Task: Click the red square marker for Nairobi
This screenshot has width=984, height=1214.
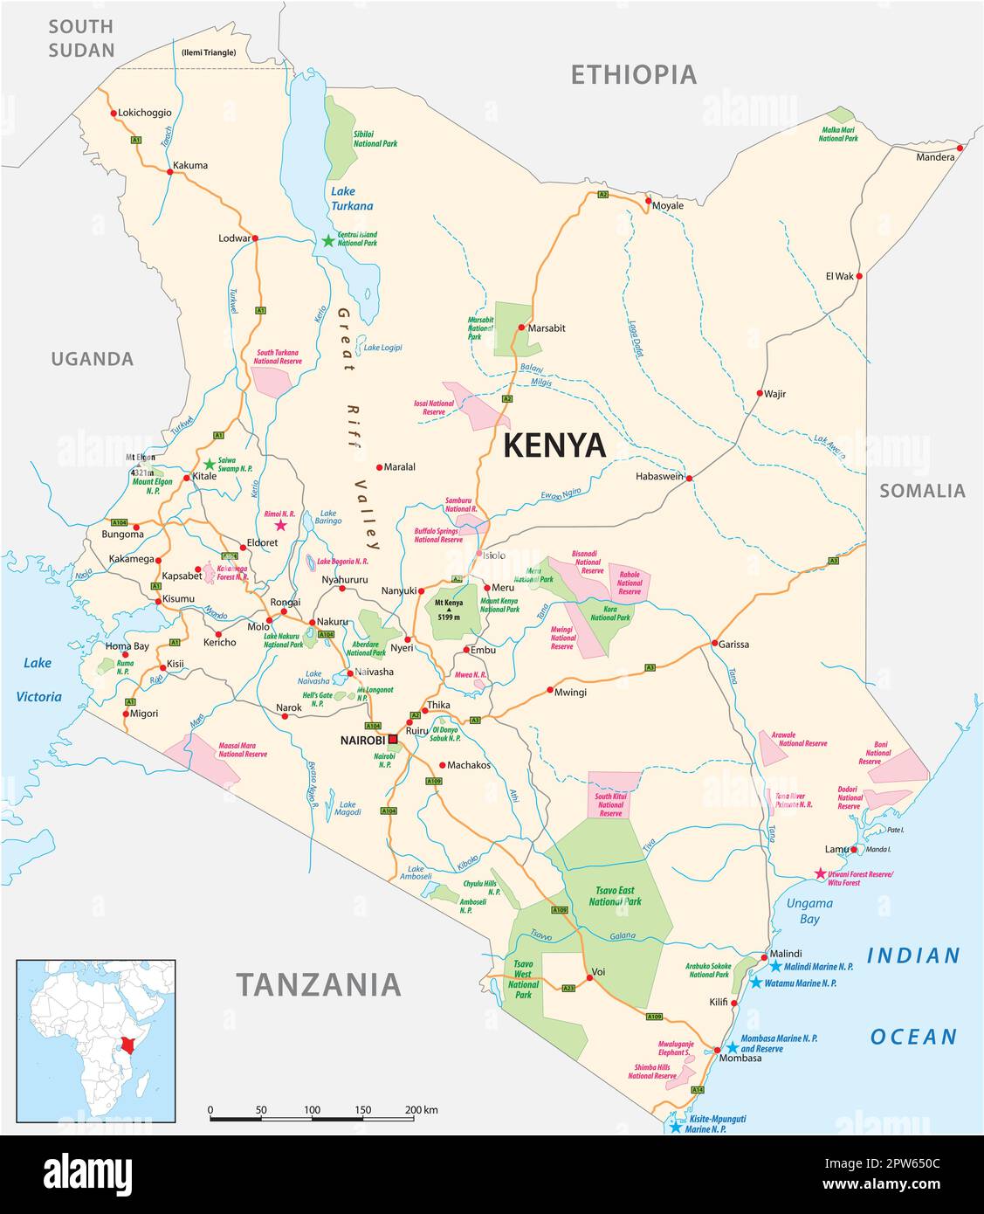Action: pos(393,740)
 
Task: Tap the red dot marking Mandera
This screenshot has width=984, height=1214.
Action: pos(960,148)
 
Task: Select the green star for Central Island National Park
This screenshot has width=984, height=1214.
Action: pos(328,240)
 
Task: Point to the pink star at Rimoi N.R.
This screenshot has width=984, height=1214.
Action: pos(280,525)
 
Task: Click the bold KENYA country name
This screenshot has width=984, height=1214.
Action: pos(554,445)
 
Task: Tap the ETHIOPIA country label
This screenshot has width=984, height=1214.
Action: pos(633,75)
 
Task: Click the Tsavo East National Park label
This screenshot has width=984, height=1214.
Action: pos(615,896)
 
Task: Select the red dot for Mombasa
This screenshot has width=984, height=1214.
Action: pos(717,1049)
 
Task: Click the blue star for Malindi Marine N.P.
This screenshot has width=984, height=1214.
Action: pos(775,965)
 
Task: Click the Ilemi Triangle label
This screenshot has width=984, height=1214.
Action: pos(209,52)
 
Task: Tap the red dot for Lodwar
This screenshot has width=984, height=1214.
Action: pos(256,238)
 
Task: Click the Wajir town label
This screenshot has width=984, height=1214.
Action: pos(774,394)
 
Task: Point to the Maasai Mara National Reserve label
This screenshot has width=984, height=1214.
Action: pos(243,749)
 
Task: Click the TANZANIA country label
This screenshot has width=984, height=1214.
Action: pos(319,984)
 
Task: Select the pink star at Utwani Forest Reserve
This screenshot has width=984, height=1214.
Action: pos(820,873)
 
